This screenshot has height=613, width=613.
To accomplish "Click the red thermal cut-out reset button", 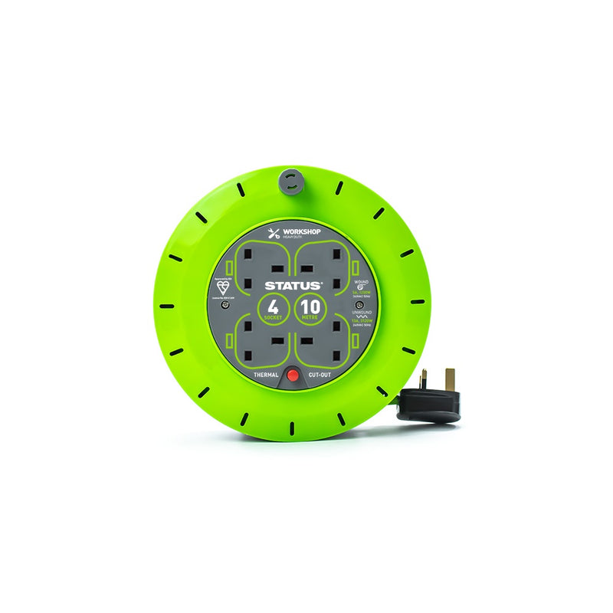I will click(x=291, y=376).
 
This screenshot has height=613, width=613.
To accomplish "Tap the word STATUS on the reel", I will click(x=294, y=284).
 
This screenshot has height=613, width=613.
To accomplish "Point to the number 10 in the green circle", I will click(x=312, y=307).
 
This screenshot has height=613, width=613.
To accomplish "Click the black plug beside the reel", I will click(x=430, y=404).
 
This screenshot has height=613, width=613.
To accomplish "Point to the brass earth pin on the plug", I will click(x=450, y=378).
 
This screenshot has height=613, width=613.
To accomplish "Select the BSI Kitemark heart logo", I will click(x=223, y=287).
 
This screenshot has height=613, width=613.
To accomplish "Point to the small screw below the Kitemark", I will click(x=225, y=304).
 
